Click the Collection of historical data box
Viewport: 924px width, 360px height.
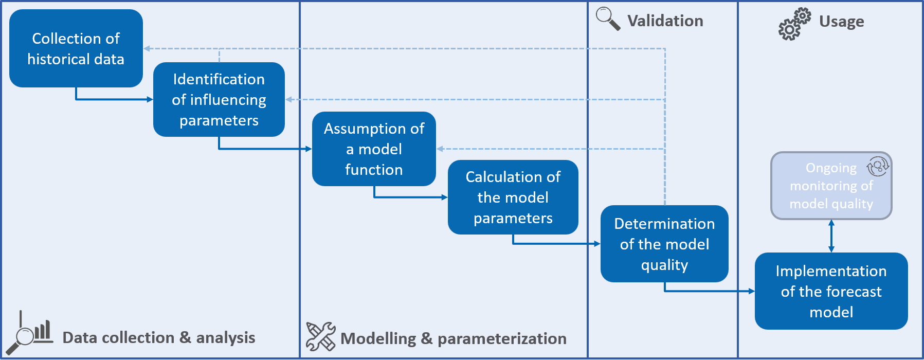click(76, 48)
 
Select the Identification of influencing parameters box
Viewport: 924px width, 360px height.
click(219, 99)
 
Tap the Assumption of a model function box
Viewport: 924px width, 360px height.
click(374, 149)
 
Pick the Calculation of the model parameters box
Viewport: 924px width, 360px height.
click(513, 197)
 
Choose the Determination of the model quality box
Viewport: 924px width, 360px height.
click(664, 244)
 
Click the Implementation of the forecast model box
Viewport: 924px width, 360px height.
click(831, 291)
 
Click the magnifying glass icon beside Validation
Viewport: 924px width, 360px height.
click(608, 19)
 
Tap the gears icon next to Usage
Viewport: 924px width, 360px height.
click(794, 24)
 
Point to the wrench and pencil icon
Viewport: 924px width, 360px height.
click(320, 337)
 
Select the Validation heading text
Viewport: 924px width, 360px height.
click(665, 21)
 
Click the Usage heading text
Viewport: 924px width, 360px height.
click(841, 22)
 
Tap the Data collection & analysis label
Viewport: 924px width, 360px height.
click(158, 337)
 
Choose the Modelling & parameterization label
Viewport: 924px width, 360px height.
click(453, 338)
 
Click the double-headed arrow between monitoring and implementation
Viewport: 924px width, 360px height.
click(831, 236)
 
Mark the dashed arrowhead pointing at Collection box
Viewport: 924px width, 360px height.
click(147, 49)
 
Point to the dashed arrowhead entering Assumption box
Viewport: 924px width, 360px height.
click(440, 149)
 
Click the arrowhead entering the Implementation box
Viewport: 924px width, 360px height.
click(751, 291)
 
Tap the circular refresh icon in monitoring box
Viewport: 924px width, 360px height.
click(877, 166)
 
